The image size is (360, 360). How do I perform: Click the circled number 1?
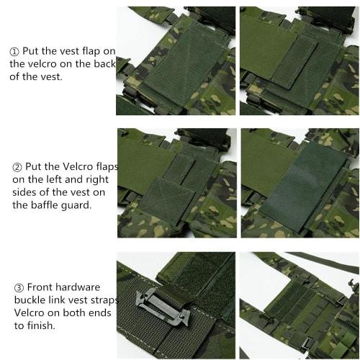(14, 51)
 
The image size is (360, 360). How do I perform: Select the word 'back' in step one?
(105, 63)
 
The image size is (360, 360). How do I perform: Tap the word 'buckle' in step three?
(28, 300)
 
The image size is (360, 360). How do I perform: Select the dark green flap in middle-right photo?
(303, 189)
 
